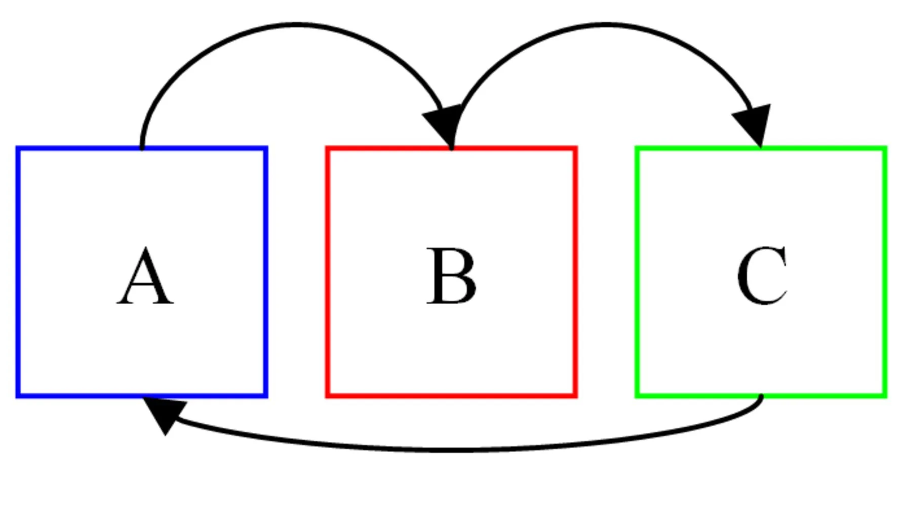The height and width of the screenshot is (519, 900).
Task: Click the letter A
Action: click(145, 276)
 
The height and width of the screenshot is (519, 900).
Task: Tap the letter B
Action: click(452, 276)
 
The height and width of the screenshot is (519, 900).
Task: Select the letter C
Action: click(762, 276)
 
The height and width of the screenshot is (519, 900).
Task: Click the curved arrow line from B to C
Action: click(605, 24)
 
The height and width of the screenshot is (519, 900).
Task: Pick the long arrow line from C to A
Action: click(456, 450)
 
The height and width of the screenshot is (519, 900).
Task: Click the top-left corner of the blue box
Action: click(18, 148)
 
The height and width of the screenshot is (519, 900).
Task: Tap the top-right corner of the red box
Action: click(576, 148)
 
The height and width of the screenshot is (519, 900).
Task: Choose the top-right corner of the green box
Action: click(885, 148)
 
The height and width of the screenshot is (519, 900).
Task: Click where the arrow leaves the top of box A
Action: click(142, 148)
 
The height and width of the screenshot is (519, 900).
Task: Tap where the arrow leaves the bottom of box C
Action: click(761, 396)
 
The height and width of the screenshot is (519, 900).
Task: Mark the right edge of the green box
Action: click(885, 272)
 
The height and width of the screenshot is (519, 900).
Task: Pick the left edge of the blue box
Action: click(18, 272)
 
